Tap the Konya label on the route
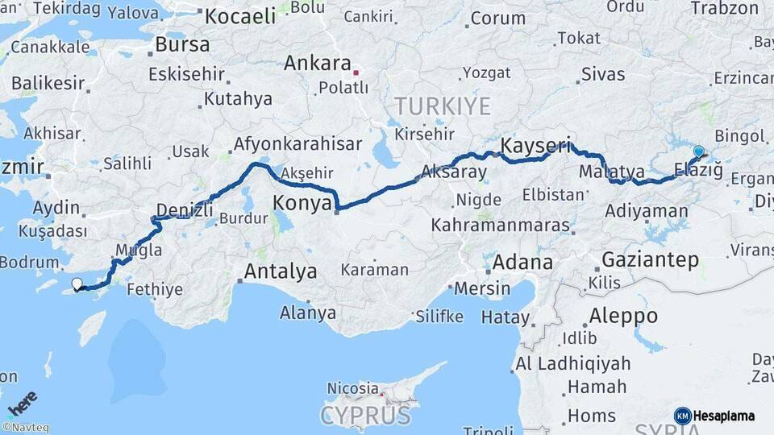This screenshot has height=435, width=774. (x=302, y=203)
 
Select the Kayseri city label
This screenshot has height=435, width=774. (x=535, y=146)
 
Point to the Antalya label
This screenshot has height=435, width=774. (x=280, y=271)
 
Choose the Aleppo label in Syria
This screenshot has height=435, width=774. (x=623, y=315)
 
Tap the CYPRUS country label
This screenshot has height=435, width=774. (x=365, y=416)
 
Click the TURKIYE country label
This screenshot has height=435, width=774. (x=442, y=106)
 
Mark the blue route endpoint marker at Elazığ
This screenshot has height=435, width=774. (x=698, y=151)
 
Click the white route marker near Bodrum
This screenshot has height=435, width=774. (x=77, y=283)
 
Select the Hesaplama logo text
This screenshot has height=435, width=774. (x=723, y=416)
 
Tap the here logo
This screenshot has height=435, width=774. (x=22, y=401)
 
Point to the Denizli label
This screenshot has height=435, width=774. (x=184, y=210)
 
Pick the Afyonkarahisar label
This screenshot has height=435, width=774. (x=297, y=145)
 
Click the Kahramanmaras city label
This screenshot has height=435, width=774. (x=500, y=225)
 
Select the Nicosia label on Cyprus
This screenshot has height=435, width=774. (x=352, y=388)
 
